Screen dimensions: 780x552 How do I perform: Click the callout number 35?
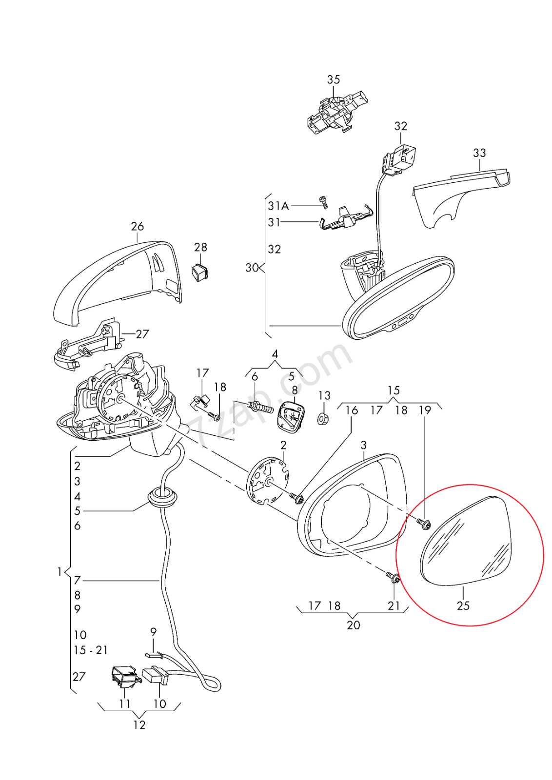tap(334, 79)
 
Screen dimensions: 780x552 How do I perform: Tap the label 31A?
tap(278, 206)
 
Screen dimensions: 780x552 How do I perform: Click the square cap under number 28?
tap(200, 272)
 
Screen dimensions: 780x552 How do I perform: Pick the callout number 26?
tap(138, 226)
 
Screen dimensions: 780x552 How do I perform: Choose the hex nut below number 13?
tap(322, 418)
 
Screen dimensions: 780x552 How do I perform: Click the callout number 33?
tap(479, 153)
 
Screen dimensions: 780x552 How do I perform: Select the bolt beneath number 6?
tap(260, 407)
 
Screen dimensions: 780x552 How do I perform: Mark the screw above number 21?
tap(394, 578)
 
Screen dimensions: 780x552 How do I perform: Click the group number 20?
tap(354, 625)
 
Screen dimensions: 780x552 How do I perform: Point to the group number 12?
tap(139, 725)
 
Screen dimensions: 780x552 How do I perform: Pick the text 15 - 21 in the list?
tap(91, 650)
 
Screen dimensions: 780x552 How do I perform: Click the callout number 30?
tap(252, 268)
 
